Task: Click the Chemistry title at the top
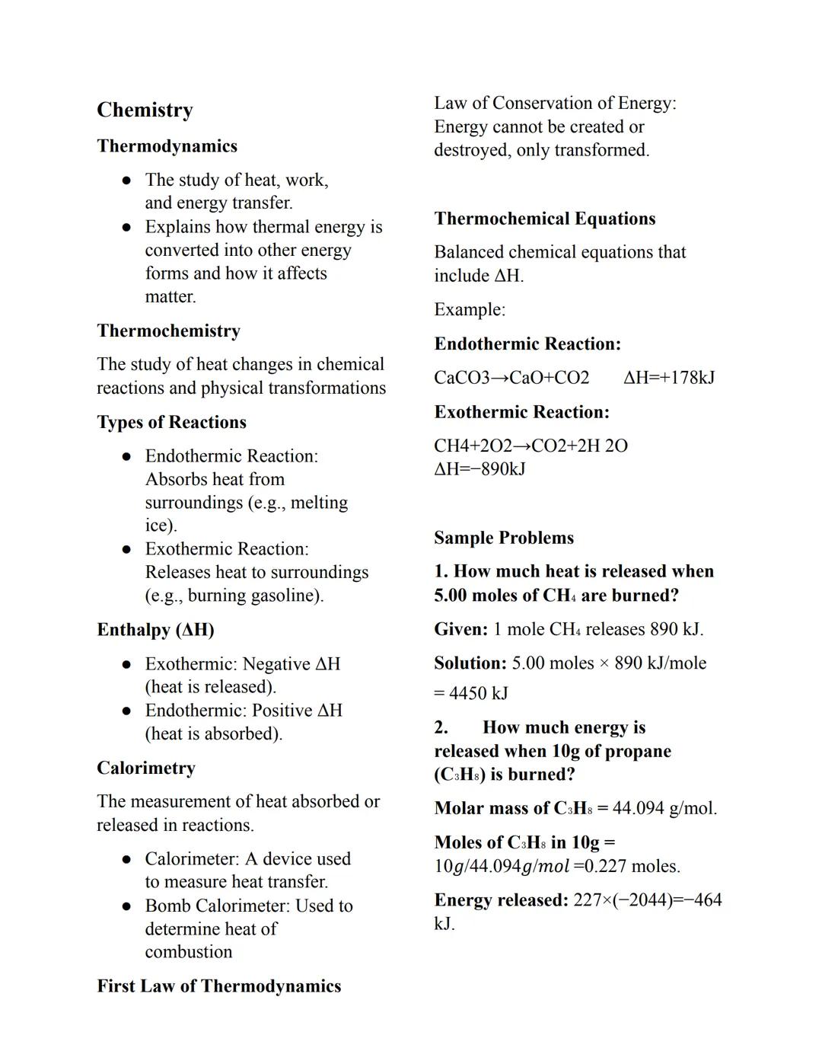coord(145,110)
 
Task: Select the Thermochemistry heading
coord(168,331)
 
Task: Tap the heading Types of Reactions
coord(171,422)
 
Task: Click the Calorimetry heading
coord(145,768)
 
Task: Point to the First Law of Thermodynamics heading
coord(218,986)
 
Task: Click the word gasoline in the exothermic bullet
coord(285,596)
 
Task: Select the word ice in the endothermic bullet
coord(158,526)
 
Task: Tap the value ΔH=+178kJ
coord(668,378)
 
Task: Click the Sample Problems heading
coord(504,538)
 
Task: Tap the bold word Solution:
coord(470,663)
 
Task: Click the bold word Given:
coord(460,630)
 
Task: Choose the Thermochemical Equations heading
coord(544,219)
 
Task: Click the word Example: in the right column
coord(469,310)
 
